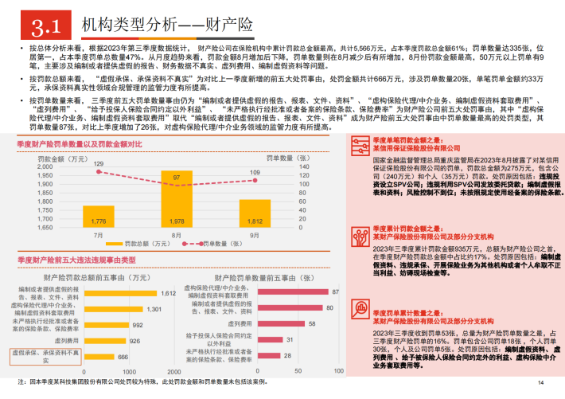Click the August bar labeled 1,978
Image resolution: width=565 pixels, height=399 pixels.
click(x=177, y=213)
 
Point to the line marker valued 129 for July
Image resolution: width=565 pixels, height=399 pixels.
click(x=99, y=169)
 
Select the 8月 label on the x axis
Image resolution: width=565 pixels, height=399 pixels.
click(x=177, y=236)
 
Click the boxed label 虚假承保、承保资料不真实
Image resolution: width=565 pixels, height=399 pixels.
click(x=45, y=354)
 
